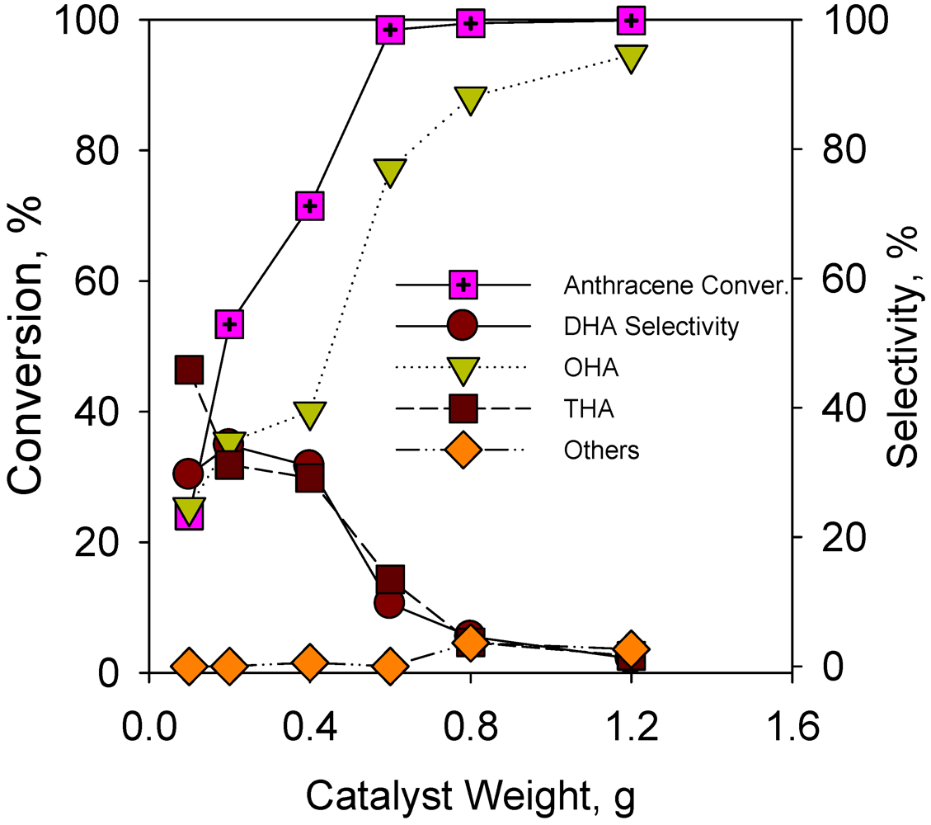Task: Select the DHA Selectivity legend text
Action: (651, 327)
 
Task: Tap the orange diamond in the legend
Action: (464, 450)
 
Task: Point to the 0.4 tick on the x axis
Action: (308, 726)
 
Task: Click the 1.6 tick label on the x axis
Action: (791, 726)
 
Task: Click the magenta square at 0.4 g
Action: (309, 206)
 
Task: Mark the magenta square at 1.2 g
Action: (631, 20)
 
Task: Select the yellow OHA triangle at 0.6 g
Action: (389, 172)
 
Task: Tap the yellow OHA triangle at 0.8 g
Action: (470, 100)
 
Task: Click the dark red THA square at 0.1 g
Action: (190, 370)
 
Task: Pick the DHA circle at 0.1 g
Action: (189, 474)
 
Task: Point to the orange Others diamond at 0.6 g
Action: (389, 666)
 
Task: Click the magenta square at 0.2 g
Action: (229, 324)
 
